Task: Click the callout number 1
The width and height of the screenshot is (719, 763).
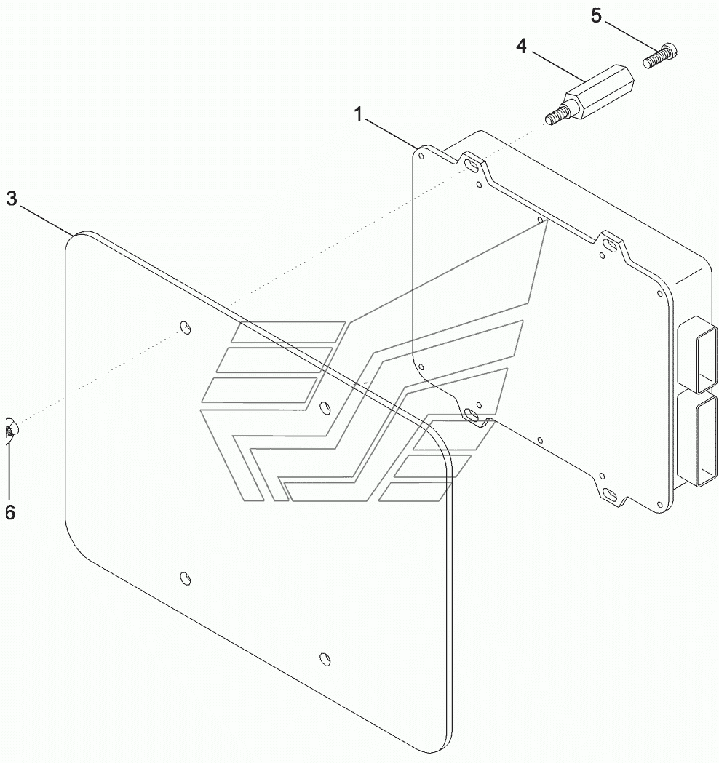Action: (x=358, y=113)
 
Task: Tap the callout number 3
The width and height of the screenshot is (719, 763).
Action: (x=12, y=199)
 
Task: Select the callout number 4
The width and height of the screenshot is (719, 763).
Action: (x=520, y=47)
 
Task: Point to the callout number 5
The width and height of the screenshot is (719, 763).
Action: (x=597, y=15)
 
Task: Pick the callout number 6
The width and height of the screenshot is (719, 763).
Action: (x=9, y=513)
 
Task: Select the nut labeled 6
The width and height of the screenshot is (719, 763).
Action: (x=9, y=429)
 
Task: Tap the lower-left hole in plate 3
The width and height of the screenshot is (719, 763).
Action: (x=186, y=578)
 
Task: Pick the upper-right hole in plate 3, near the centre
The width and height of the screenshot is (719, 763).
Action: (x=325, y=404)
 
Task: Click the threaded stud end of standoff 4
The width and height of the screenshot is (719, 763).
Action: (x=555, y=116)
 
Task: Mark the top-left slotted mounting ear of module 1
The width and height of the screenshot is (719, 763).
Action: (x=472, y=167)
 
